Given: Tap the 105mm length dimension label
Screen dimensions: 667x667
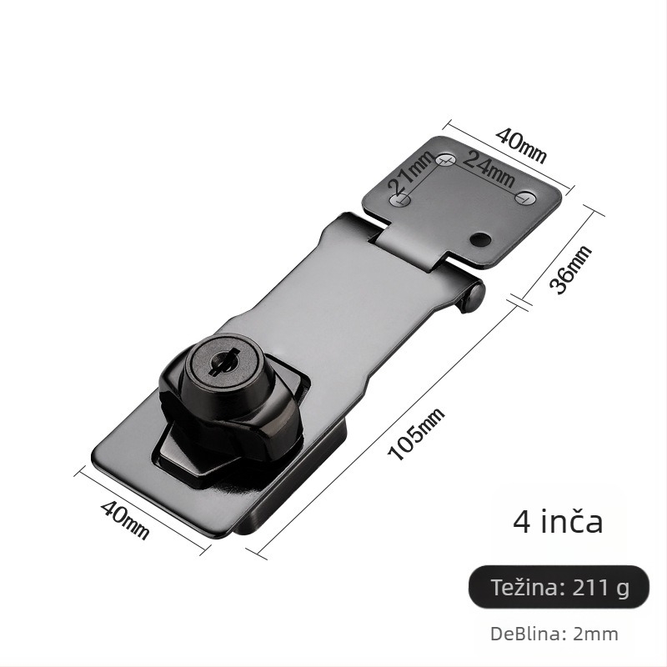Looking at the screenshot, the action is tap(416, 434).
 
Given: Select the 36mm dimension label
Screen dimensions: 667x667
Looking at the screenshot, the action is tap(570, 269).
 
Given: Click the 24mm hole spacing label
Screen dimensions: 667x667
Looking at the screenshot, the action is tap(488, 169).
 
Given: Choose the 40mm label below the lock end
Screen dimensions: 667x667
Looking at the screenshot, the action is tap(124, 519).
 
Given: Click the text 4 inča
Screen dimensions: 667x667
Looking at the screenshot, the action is tap(558, 522).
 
